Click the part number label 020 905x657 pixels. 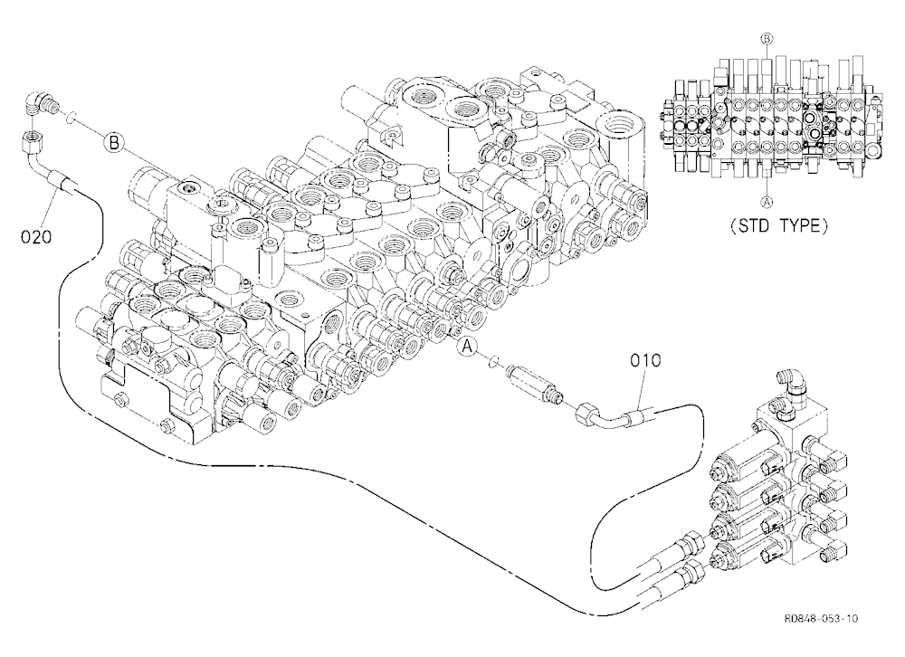coord(36,236)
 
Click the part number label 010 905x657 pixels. coord(644,361)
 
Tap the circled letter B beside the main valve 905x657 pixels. coord(114,142)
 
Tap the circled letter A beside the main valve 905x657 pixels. coord(468,346)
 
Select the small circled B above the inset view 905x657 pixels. coord(767,39)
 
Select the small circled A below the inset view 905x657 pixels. coord(767,202)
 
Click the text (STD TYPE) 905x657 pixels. coord(779,225)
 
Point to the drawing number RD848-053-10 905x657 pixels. coord(821,618)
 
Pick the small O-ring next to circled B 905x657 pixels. coord(69,118)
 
